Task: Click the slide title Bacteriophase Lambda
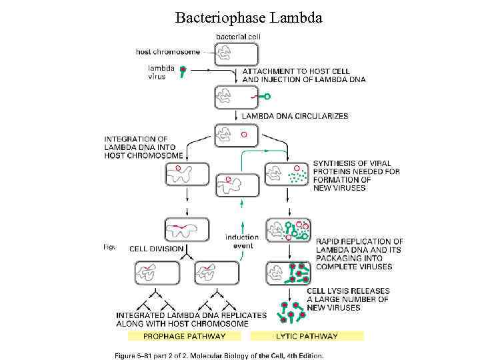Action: click(x=249, y=17)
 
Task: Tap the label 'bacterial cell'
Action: click(x=238, y=37)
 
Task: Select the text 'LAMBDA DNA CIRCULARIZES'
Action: click(x=295, y=116)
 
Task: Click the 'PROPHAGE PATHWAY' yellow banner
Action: click(x=185, y=336)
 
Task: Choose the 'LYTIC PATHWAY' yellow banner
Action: click(x=307, y=336)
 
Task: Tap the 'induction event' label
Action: click(x=242, y=241)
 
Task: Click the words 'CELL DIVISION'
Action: click(x=156, y=249)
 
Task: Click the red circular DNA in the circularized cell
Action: click(x=244, y=135)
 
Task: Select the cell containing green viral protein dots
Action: click(x=287, y=175)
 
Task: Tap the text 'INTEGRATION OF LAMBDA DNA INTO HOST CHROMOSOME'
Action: click(x=143, y=147)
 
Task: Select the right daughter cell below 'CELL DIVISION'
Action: click(x=216, y=272)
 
